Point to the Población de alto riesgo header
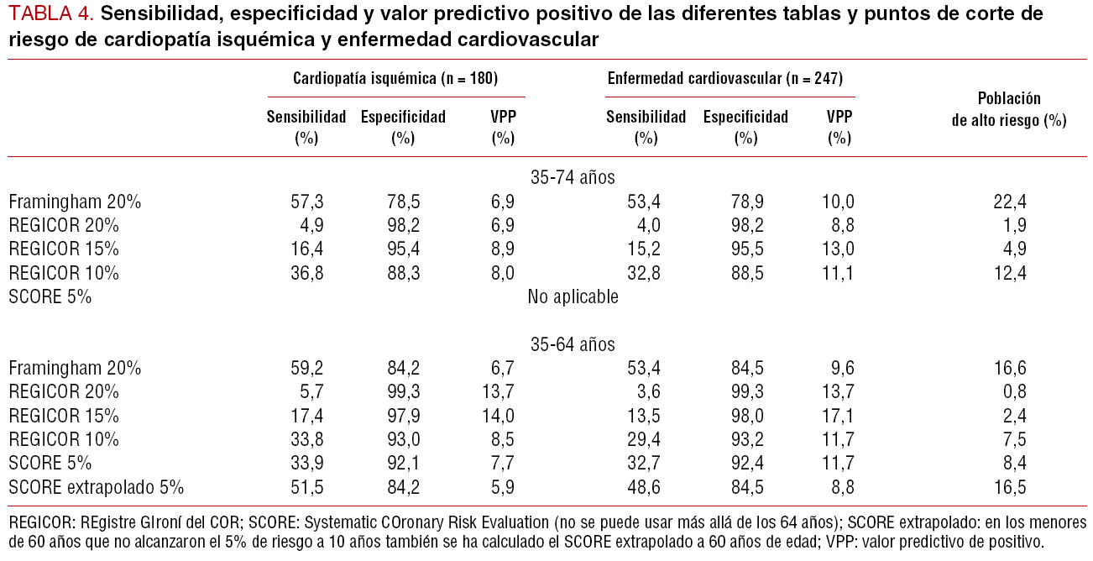[1009, 109]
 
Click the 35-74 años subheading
[573, 178]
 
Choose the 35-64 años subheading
[573, 344]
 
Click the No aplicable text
[573, 296]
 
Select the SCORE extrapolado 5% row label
[97, 487]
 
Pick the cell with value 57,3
[306, 202]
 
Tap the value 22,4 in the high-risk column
[1009, 202]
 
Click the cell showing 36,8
[306, 273]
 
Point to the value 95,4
[403, 249]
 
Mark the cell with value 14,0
[502, 416]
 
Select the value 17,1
[839, 416]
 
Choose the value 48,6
[646, 487]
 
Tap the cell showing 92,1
[403, 464]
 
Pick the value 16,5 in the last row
[1009, 487]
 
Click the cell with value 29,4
[646, 439]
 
